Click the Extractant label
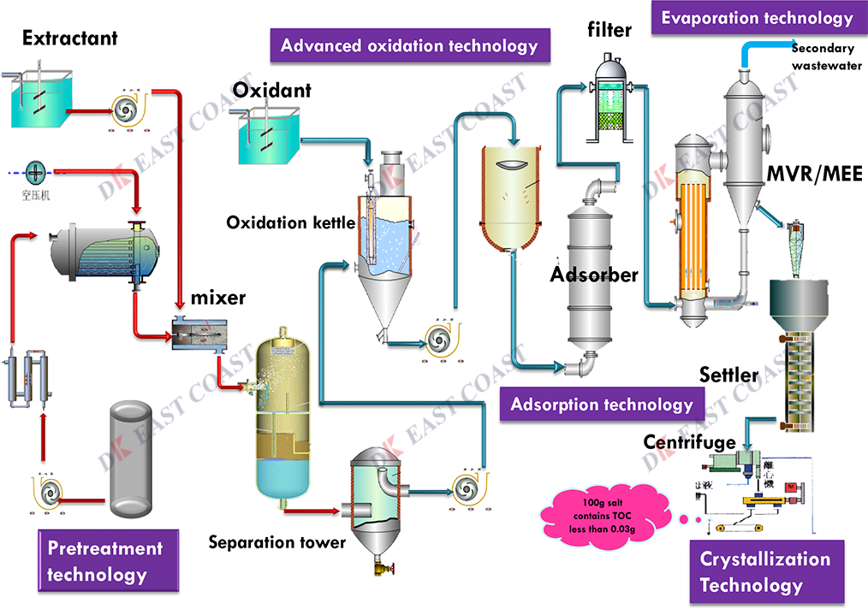point(70,38)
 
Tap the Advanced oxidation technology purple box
point(409,45)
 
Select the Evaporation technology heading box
point(757,18)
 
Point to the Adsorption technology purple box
point(601,405)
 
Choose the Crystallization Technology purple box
point(765,572)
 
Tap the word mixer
point(217,299)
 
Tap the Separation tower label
point(277,542)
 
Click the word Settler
point(728,375)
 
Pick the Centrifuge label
point(689,442)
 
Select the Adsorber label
point(594,275)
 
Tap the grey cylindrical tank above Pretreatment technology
point(139,459)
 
